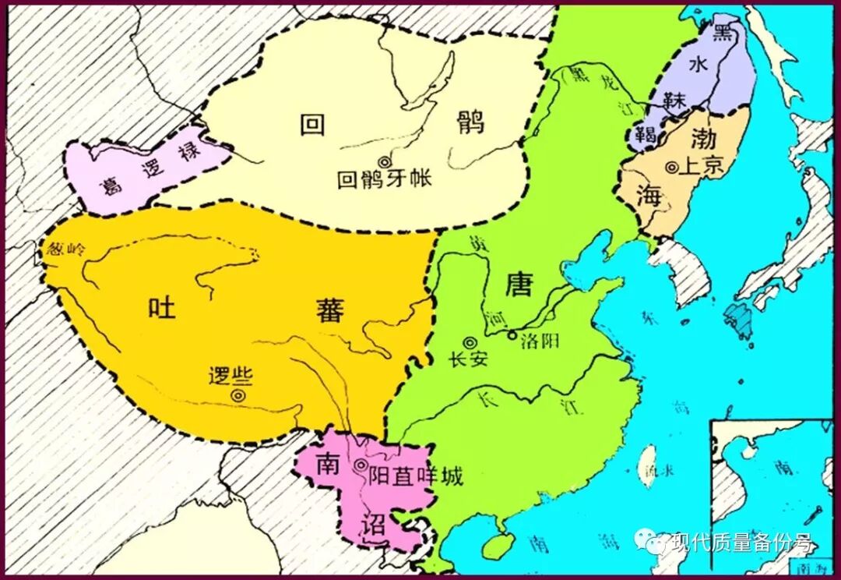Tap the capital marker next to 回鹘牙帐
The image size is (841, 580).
point(383,161)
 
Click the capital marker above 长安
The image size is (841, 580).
point(470,342)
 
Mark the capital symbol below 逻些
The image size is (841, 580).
point(237,397)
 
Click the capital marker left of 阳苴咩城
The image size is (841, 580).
point(360,465)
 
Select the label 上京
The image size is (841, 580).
point(702,166)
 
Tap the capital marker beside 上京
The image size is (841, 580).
point(671,167)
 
